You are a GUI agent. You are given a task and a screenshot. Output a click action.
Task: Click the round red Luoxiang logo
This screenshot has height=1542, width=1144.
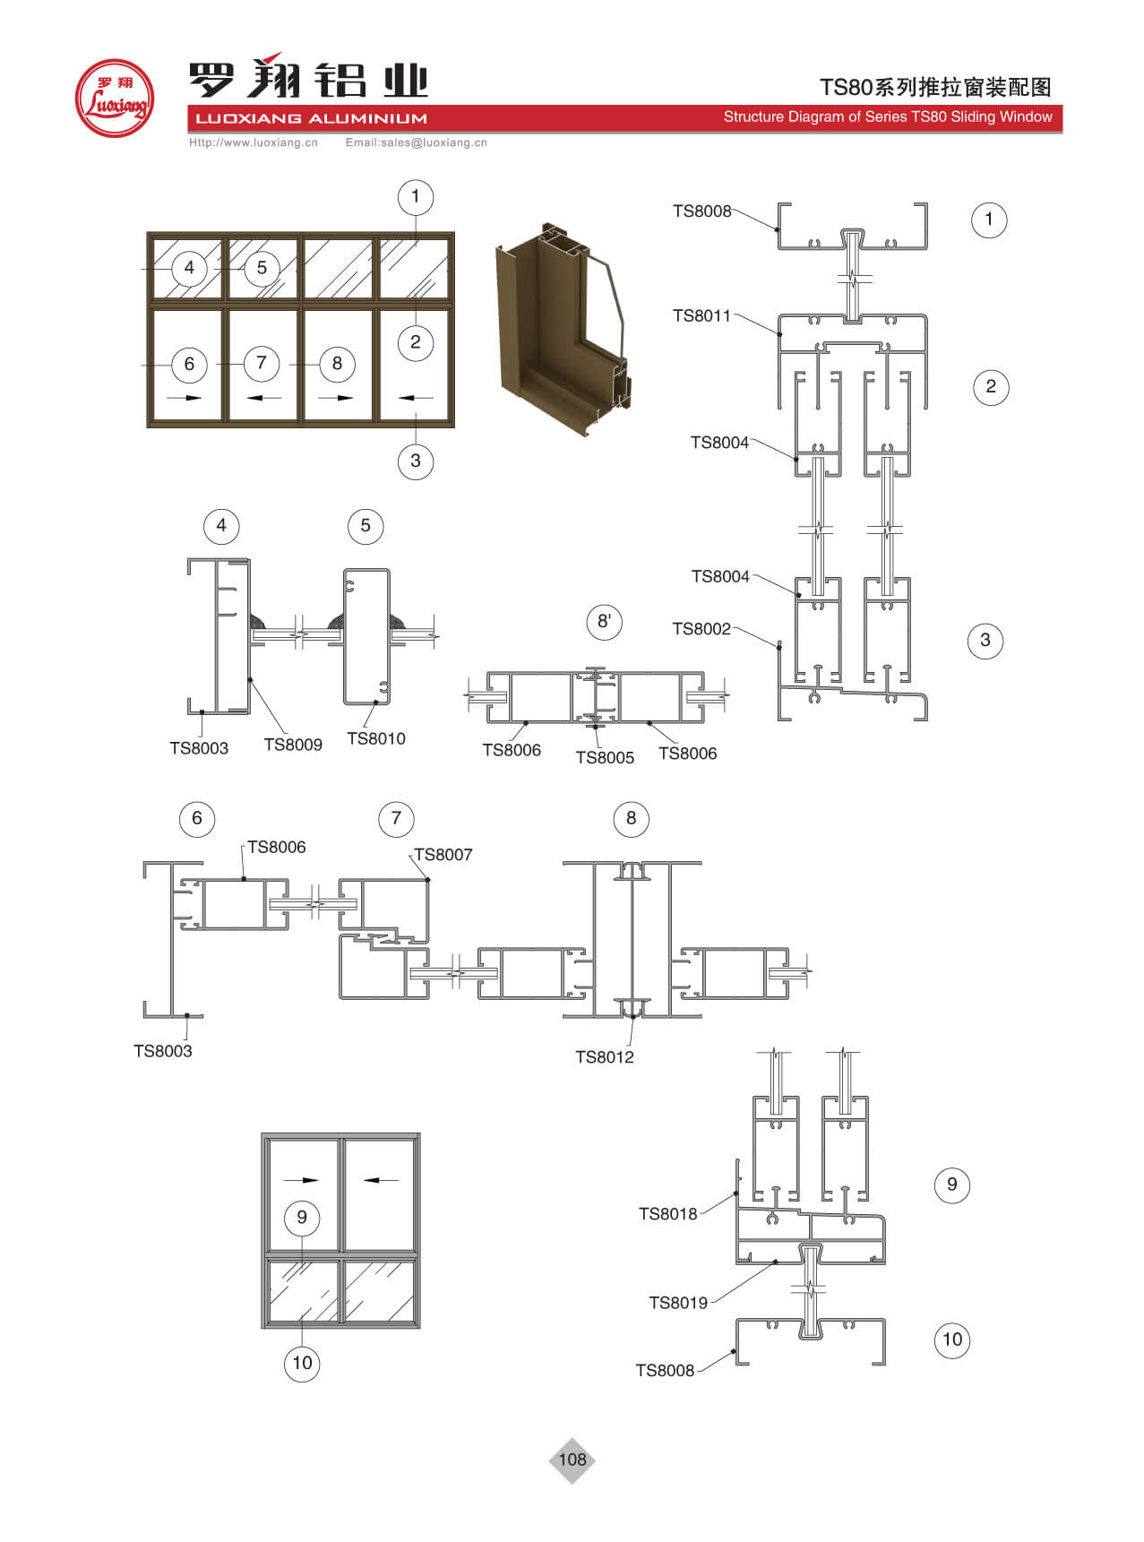click(115, 99)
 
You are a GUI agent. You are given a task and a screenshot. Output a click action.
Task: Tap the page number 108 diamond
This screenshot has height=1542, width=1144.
click(572, 1460)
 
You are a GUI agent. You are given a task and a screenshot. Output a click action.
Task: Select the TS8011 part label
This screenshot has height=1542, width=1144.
click(701, 315)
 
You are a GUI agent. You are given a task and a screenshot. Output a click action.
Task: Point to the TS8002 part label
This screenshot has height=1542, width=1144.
click(701, 629)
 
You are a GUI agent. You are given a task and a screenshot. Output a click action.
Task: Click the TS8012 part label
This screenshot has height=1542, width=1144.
click(604, 1057)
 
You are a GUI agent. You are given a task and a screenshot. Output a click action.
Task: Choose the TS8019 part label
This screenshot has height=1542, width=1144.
click(678, 1303)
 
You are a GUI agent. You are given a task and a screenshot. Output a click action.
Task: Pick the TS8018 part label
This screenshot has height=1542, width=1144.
click(667, 1214)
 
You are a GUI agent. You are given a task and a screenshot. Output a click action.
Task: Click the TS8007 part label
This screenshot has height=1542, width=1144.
click(443, 855)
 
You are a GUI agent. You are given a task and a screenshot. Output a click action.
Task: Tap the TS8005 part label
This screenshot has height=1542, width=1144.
click(605, 758)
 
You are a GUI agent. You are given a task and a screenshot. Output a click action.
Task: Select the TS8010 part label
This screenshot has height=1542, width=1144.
click(375, 739)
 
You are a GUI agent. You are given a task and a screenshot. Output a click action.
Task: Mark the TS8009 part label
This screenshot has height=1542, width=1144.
click(293, 745)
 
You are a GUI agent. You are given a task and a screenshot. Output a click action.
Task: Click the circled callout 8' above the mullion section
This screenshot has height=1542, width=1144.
click(605, 622)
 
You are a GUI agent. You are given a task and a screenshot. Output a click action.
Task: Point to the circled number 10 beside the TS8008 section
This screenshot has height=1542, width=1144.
click(951, 1340)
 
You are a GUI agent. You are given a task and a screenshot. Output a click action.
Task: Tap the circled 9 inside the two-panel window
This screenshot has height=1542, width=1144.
click(302, 1217)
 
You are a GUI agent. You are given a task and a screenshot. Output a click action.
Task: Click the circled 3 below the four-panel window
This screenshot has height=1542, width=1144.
click(415, 461)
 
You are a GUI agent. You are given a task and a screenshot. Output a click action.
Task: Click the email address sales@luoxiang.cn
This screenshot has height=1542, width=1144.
click(417, 142)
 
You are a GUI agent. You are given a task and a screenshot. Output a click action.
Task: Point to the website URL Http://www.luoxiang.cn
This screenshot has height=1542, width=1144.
click(254, 142)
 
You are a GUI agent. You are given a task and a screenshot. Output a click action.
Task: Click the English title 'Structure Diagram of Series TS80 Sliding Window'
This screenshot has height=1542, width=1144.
click(887, 117)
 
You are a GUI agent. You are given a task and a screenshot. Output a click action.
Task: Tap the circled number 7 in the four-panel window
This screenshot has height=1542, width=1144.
click(262, 363)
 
